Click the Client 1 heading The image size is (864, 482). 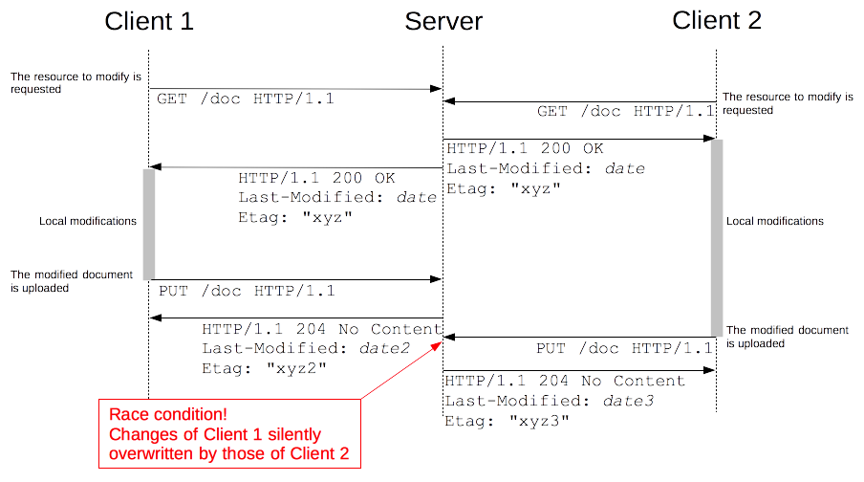(x=149, y=21)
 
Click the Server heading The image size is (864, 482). (x=443, y=21)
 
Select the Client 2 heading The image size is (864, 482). (x=717, y=20)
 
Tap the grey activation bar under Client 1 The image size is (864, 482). (x=149, y=225)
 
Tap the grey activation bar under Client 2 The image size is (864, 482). (x=716, y=238)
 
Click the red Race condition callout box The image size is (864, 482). (x=229, y=433)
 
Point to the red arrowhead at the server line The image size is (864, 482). (x=437, y=346)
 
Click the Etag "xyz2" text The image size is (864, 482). (x=264, y=368)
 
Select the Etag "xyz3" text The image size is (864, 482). (x=507, y=421)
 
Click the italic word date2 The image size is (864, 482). (x=384, y=348)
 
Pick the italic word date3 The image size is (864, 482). (x=628, y=401)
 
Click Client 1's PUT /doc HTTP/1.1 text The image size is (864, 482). (x=247, y=291)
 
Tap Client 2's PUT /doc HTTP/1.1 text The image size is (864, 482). (x=624, y=348)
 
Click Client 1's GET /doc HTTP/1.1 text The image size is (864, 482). (x=246, y=99)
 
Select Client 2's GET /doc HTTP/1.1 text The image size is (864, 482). (x=626, y=111)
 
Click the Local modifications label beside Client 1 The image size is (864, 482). (x=88, y=221)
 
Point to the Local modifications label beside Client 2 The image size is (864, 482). (x=775, y=221)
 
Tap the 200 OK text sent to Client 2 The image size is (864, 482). (x=572, y=148)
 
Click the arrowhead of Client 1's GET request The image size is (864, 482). (x=437, y=89)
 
